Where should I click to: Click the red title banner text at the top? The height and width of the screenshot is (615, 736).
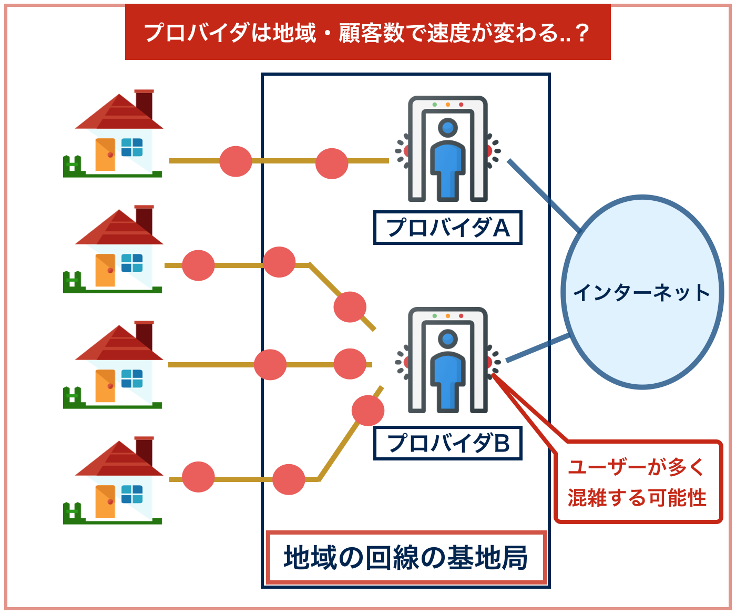point(367,33)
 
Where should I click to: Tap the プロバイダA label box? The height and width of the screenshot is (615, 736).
point(447,228)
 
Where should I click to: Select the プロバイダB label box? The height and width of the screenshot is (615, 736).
point(447,444)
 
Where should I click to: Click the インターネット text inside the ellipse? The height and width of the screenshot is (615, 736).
point(641,293)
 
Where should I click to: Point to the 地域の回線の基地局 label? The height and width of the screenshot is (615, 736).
point(406,558)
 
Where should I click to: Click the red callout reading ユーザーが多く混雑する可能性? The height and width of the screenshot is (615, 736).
point(638,482)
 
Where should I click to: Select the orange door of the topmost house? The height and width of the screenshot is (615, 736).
point(105,155)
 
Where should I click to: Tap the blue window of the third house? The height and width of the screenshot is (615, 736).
point(132,378)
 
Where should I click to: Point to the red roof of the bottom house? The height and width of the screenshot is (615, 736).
point(118,459)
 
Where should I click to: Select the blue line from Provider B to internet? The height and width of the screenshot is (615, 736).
point(537,348)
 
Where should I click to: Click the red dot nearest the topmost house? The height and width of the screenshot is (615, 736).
point(236,161)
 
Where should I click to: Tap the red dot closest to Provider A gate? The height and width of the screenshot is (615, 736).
point(331,163)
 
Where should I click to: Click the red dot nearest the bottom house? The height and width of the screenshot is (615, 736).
point(198,476)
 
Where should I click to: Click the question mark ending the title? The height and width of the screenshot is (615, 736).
point(581,33)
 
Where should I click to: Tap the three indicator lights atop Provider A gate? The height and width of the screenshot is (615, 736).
point(447,105)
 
